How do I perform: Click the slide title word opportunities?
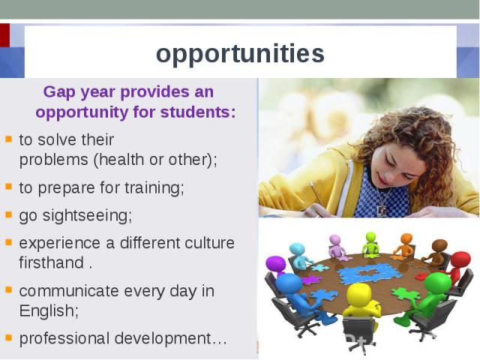point(240,54)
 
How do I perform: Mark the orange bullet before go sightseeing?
point(8,215)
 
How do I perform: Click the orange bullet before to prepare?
point(8,187)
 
